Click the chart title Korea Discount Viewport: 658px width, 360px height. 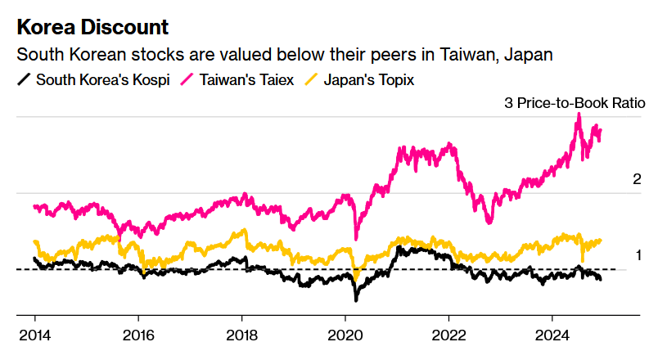[92, 27]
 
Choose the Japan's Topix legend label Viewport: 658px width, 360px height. [369, 80]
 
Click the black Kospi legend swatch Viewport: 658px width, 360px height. [25, 80]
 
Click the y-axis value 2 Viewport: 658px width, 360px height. [637, 179]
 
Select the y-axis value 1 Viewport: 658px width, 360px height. [638, 255]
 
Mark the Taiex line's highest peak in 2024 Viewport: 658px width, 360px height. [579, 115]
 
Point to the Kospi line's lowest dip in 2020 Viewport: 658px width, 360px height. [356, 299]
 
